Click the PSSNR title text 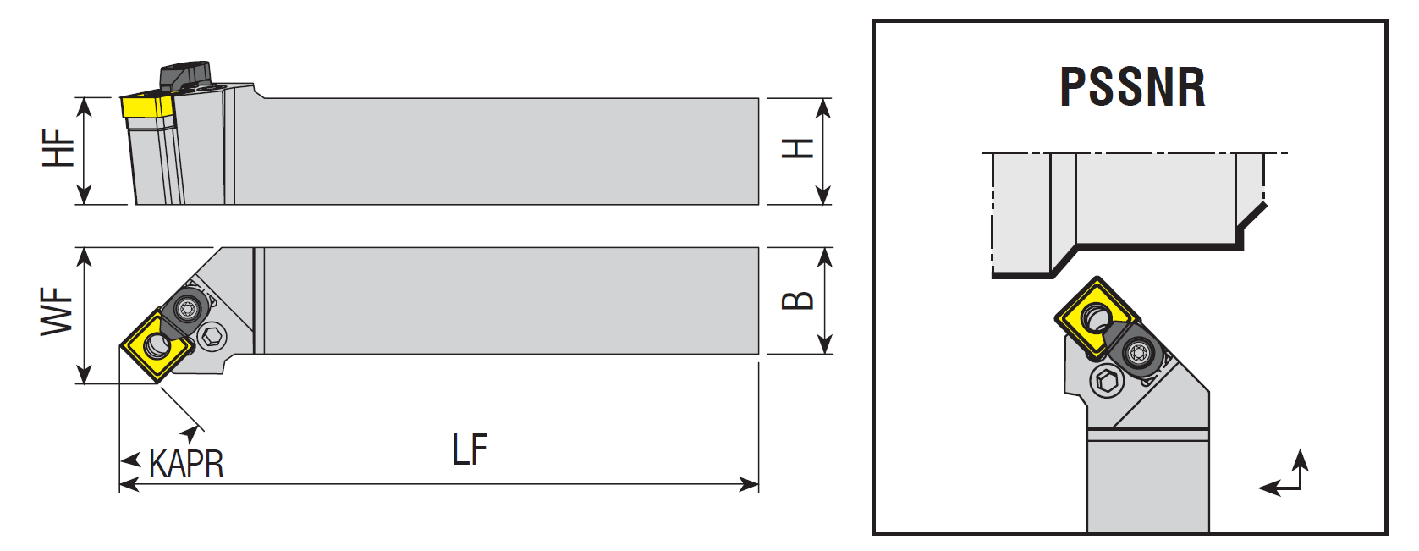click(1132, 87)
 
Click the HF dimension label click(59, 148)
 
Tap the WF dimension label click(58, 311)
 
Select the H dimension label click(797, 149)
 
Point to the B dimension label click(797, 300)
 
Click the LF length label click(469, 450)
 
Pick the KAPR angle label click(186, 464)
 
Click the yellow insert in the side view click(146, 106)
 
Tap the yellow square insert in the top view click(155, 346)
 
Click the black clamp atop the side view click(185, 74)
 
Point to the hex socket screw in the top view click(212, 339)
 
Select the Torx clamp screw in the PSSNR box click(1138, 350)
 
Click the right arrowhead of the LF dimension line click(750, 485)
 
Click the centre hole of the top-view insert click(157, 344)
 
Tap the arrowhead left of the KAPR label click(130, 461)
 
